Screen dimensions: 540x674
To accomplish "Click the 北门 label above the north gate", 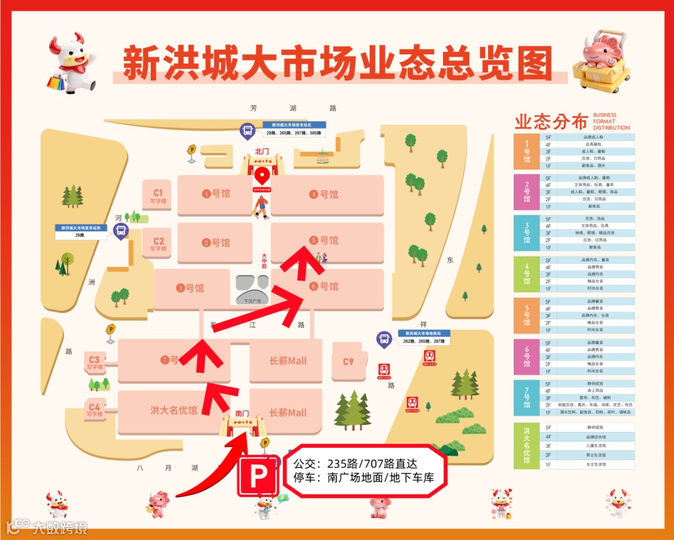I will coord(261,151).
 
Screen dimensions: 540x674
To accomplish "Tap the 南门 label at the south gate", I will coord(242,413).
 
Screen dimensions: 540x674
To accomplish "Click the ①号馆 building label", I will coord(216,194).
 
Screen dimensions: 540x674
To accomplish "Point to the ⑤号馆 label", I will coord(324,240).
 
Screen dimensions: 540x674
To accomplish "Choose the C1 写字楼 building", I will coord(158,196).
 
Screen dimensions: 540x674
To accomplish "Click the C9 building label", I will coord(348,362).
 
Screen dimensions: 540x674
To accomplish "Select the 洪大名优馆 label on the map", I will coord(173,410).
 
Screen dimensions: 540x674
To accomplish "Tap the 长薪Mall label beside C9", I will coord(288,360).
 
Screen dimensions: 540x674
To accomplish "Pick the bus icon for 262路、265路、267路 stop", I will coord(384,339).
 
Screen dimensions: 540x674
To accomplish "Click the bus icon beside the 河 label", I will coord(120,231).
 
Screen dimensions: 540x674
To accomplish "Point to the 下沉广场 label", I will coord(253,301).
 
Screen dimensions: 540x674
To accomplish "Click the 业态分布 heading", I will coord(551,121).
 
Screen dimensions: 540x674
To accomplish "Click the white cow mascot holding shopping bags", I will coord(71,63).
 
